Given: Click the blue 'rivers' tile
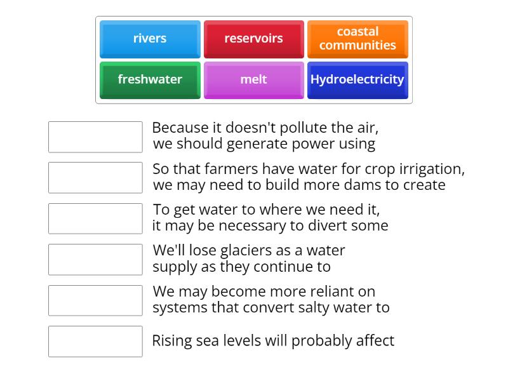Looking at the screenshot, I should [x=150, y=39].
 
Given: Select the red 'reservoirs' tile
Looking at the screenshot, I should [x=253, y=39].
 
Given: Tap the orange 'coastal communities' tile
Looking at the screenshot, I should [x=358, y=39].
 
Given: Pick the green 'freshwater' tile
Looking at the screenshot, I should [x=150, y=80].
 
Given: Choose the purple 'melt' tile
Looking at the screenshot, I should [x=253, y=80].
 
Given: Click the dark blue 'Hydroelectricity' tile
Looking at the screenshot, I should [x=358, y=80].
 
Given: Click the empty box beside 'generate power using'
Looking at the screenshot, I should [x=95, y=137].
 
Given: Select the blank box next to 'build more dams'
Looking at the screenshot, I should [x=95, y=178].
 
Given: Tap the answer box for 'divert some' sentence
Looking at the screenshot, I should [x=95, y=218].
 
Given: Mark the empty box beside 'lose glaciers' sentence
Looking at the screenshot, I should [x=95, y=260].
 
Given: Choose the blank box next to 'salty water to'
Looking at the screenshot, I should [x=95, y=300].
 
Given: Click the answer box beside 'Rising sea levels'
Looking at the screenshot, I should [x=95, y=342].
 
